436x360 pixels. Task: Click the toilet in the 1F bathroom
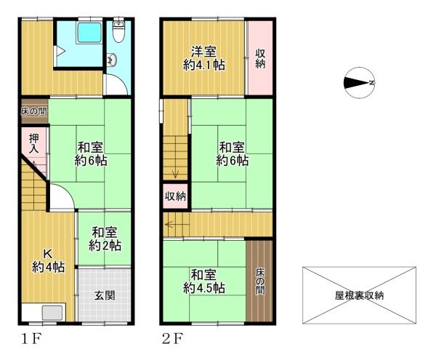point(118,31)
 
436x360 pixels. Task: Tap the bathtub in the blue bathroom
point(89,33)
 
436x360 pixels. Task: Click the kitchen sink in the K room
point(52,313)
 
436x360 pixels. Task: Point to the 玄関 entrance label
point(105,295)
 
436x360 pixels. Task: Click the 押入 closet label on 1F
point(34,143)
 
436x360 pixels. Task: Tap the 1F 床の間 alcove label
point(34,111)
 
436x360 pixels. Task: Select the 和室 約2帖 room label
point(105,239)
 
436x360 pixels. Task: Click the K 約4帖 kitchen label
point(48,260)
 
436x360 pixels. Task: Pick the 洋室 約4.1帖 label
point(203,58)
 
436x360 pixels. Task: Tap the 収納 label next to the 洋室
point(260,58)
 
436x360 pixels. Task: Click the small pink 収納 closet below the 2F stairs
point(175,196)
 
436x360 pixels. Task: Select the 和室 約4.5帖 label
point(204,281)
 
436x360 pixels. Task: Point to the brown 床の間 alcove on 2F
point(259,281)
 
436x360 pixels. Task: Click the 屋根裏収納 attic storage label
point(359,295)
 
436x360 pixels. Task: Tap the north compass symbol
point(359,83)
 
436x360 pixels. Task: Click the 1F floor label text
point(31,339)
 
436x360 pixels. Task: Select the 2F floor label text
point(172,339)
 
